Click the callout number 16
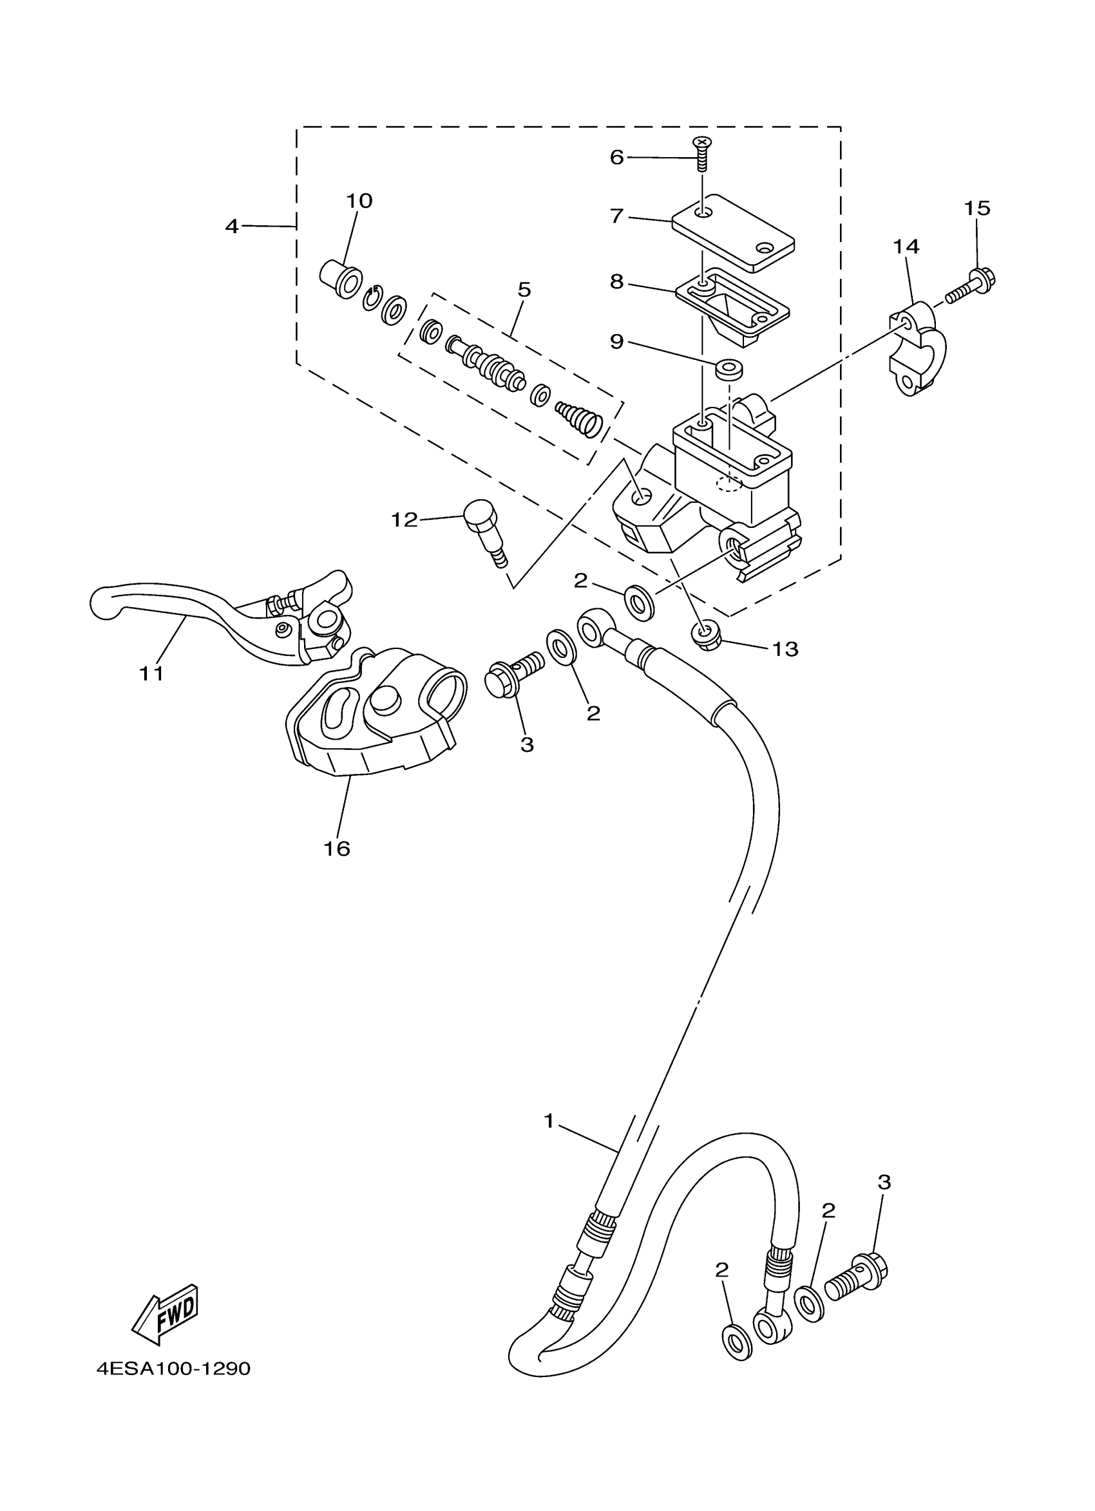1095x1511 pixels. pos(337,848)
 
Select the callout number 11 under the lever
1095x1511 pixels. pos(151,673)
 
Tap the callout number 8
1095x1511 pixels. pos(616,282)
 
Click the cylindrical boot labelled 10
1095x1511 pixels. pos(341,279)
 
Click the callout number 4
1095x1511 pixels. pos(231,227)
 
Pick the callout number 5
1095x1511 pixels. pos(524,290)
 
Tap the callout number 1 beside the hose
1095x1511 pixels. pos(549,1122)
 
